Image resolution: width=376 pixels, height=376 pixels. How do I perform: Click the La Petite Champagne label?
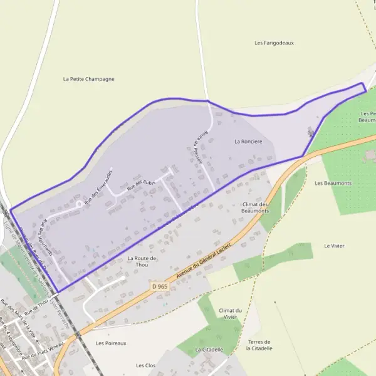[89, 80]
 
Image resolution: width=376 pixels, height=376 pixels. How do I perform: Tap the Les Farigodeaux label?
[274, 43]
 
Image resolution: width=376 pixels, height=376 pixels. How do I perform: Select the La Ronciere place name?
[248, 142]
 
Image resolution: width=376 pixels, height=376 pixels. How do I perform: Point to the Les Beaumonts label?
[333, 183]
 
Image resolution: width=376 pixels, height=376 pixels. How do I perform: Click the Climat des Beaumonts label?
[254, 207]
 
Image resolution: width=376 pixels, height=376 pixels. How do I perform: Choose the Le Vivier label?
[335, 246]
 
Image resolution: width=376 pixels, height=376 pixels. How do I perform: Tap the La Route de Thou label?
[141, 261]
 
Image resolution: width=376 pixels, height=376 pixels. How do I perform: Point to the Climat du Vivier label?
[230, 314]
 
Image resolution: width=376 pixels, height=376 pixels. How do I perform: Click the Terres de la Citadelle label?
[260, 345]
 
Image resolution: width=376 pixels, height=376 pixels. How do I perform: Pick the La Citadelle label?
[209, 349]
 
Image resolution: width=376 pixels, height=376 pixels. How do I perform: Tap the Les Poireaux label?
[111, 343]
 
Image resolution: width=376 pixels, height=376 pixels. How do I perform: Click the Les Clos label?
[145, 365]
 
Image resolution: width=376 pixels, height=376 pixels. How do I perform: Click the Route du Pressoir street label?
[196, 147]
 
